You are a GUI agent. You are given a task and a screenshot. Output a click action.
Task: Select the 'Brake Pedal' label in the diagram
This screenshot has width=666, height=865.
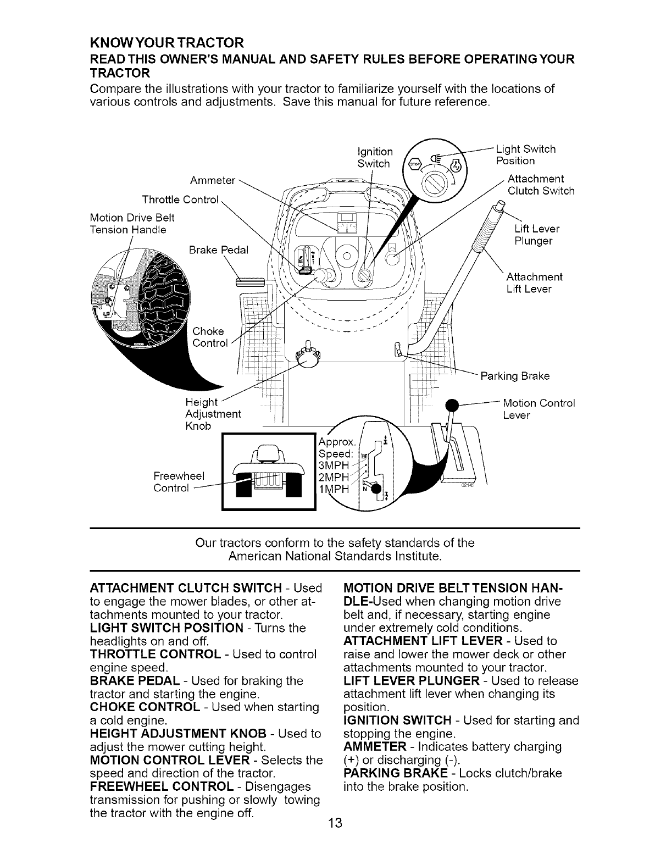218,250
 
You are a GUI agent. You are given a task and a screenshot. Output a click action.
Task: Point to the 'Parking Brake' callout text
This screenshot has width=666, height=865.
515,376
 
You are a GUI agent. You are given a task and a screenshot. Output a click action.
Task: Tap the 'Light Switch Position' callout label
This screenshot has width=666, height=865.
525,155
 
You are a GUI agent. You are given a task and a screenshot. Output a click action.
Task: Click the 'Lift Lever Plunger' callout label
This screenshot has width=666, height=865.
537,235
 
